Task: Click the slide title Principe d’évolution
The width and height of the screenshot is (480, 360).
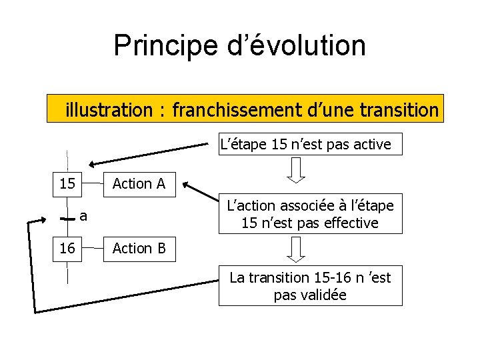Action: tap(239, 45)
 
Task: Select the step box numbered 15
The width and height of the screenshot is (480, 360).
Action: tap(67, 183)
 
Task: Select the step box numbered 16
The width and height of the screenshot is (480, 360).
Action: tap(67, 248)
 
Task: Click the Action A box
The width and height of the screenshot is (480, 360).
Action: tap(139, 183)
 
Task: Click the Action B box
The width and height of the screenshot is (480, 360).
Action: tap(139, 248)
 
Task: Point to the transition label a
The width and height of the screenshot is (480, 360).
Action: tap(83, 215)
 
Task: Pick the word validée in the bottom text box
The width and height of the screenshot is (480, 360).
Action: tap(310, 295)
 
